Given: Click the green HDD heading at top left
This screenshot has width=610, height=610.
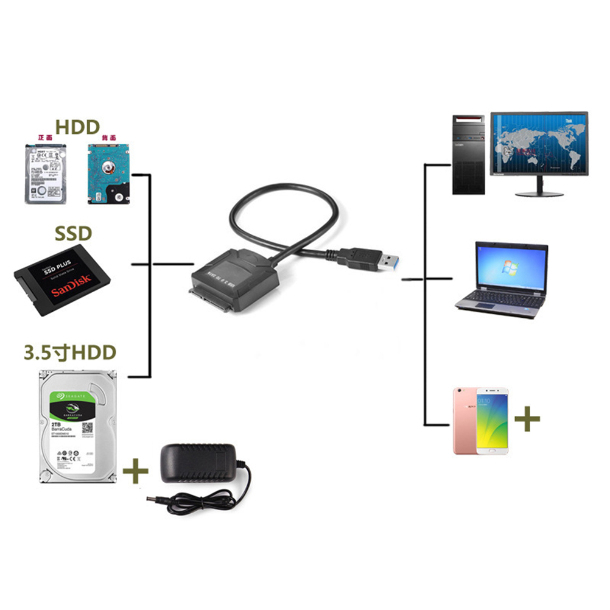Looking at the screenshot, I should (x=77, y=127).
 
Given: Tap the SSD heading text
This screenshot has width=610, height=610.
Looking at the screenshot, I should (x=73, y=233).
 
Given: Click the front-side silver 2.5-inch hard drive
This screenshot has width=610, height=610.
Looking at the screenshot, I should (x=44, y=173).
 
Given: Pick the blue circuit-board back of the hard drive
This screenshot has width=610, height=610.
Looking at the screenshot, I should (x=109, y=173).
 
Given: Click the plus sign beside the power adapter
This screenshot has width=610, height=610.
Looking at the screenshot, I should (x=136, y=471).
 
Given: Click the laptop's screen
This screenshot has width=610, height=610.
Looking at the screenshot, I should (x=511, y=266).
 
